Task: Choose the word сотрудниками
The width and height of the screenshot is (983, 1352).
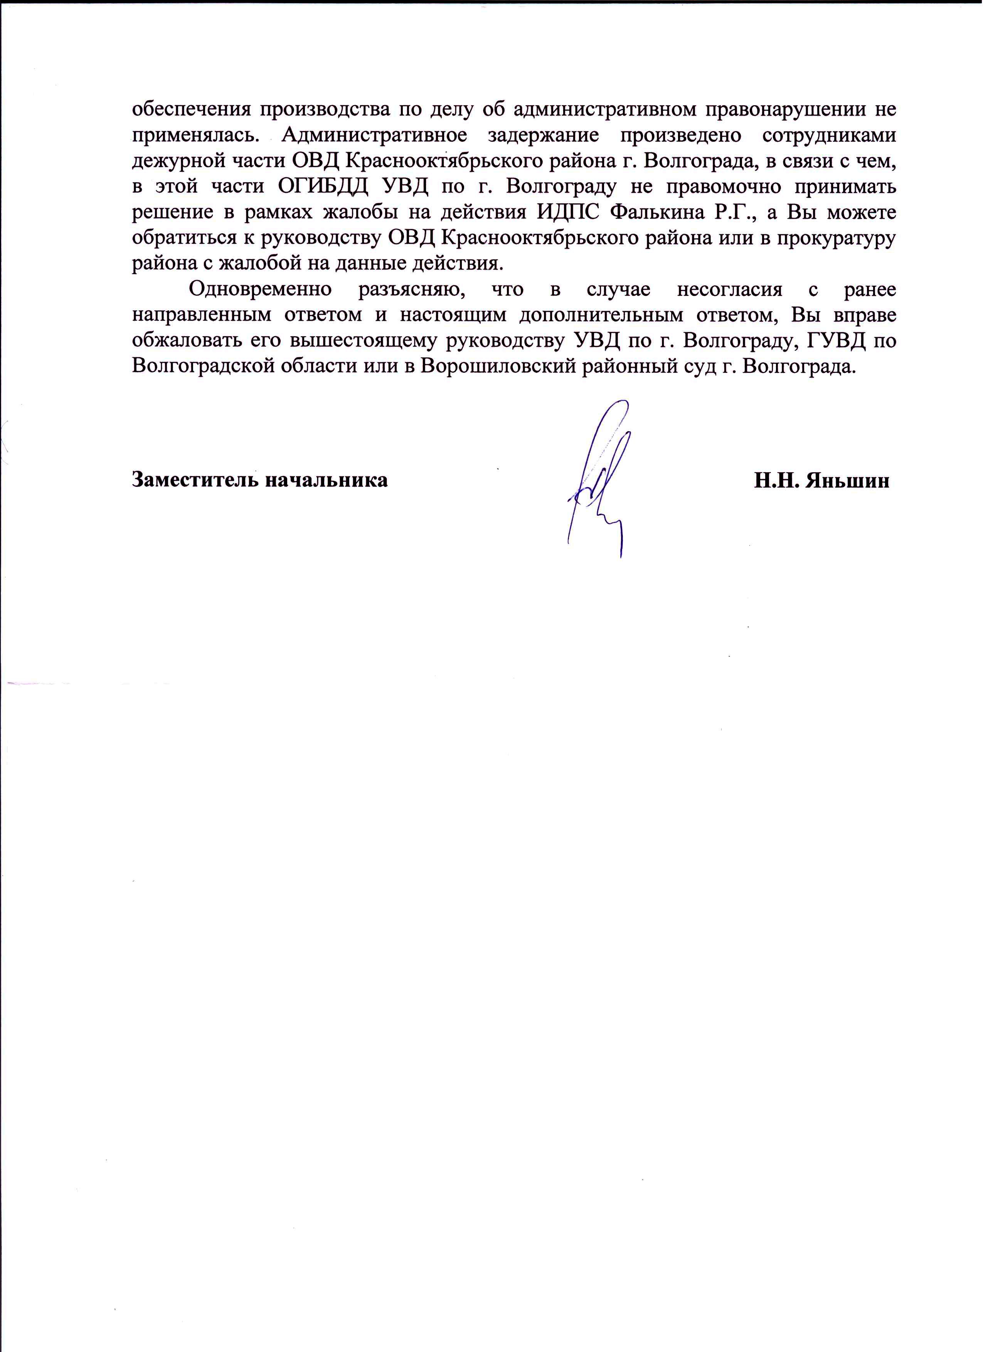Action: pos(829,135)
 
